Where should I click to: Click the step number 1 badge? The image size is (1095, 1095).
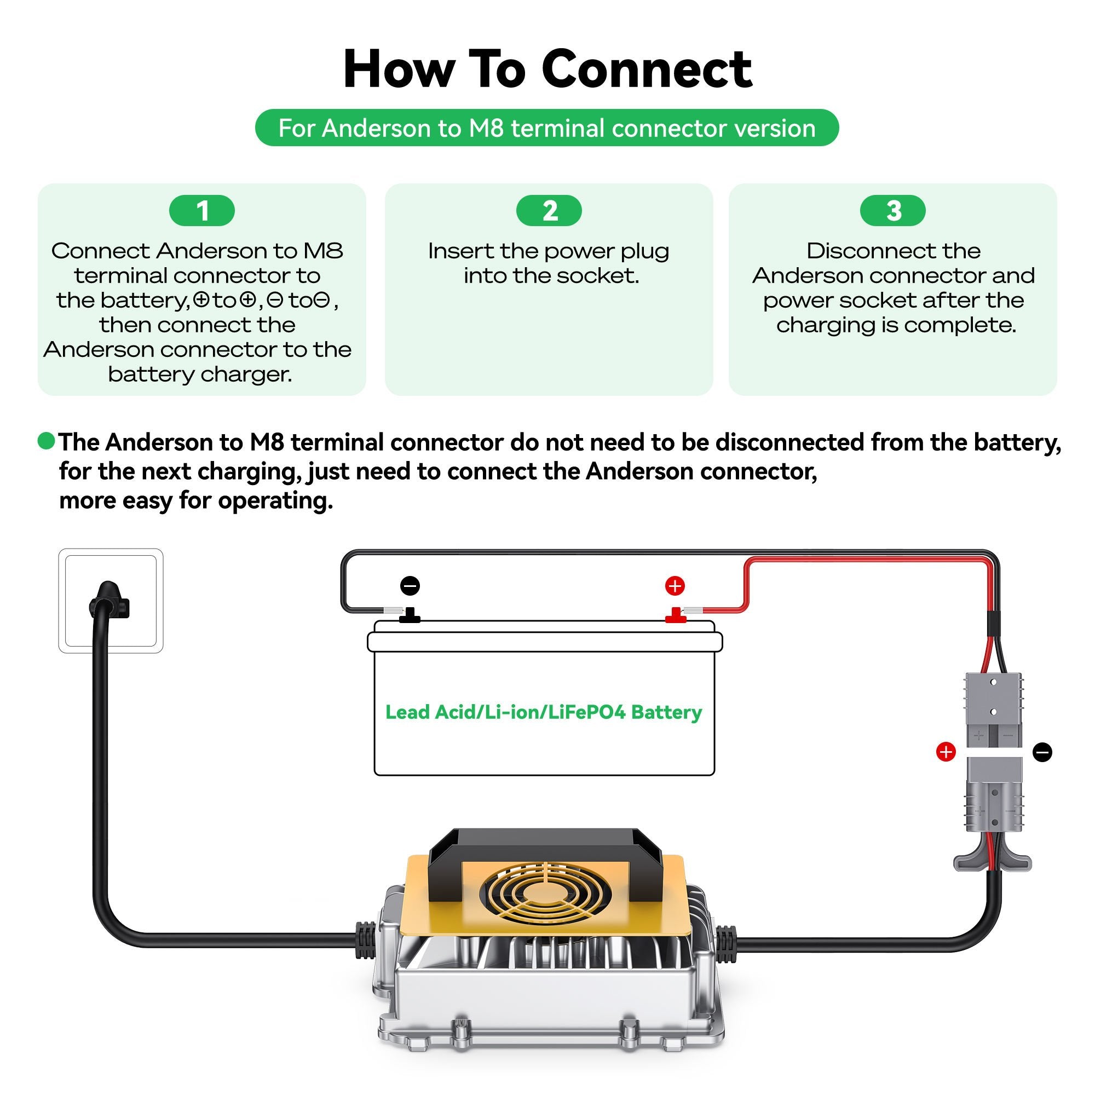(x=202, y=211)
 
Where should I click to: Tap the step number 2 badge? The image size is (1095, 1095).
(x=549, y=211)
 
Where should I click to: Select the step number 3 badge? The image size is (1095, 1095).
(x=892, y=211)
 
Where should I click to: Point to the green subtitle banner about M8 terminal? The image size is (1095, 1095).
(x=547, y=128)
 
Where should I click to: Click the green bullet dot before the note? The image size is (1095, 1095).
(x=46, y=440)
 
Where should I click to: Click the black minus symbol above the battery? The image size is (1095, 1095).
(x=410, y=585)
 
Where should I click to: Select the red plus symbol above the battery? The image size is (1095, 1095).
(x=675, y=585)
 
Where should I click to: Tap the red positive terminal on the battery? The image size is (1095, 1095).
(x=675, y=615)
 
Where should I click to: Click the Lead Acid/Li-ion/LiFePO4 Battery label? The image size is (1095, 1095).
(x=544, y=712)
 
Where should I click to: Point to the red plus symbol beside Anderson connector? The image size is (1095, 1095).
(x=946, y=752)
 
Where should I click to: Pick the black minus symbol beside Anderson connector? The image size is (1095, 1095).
(x=1042, y=752)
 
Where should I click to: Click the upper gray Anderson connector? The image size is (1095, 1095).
(x=994, y=709)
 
